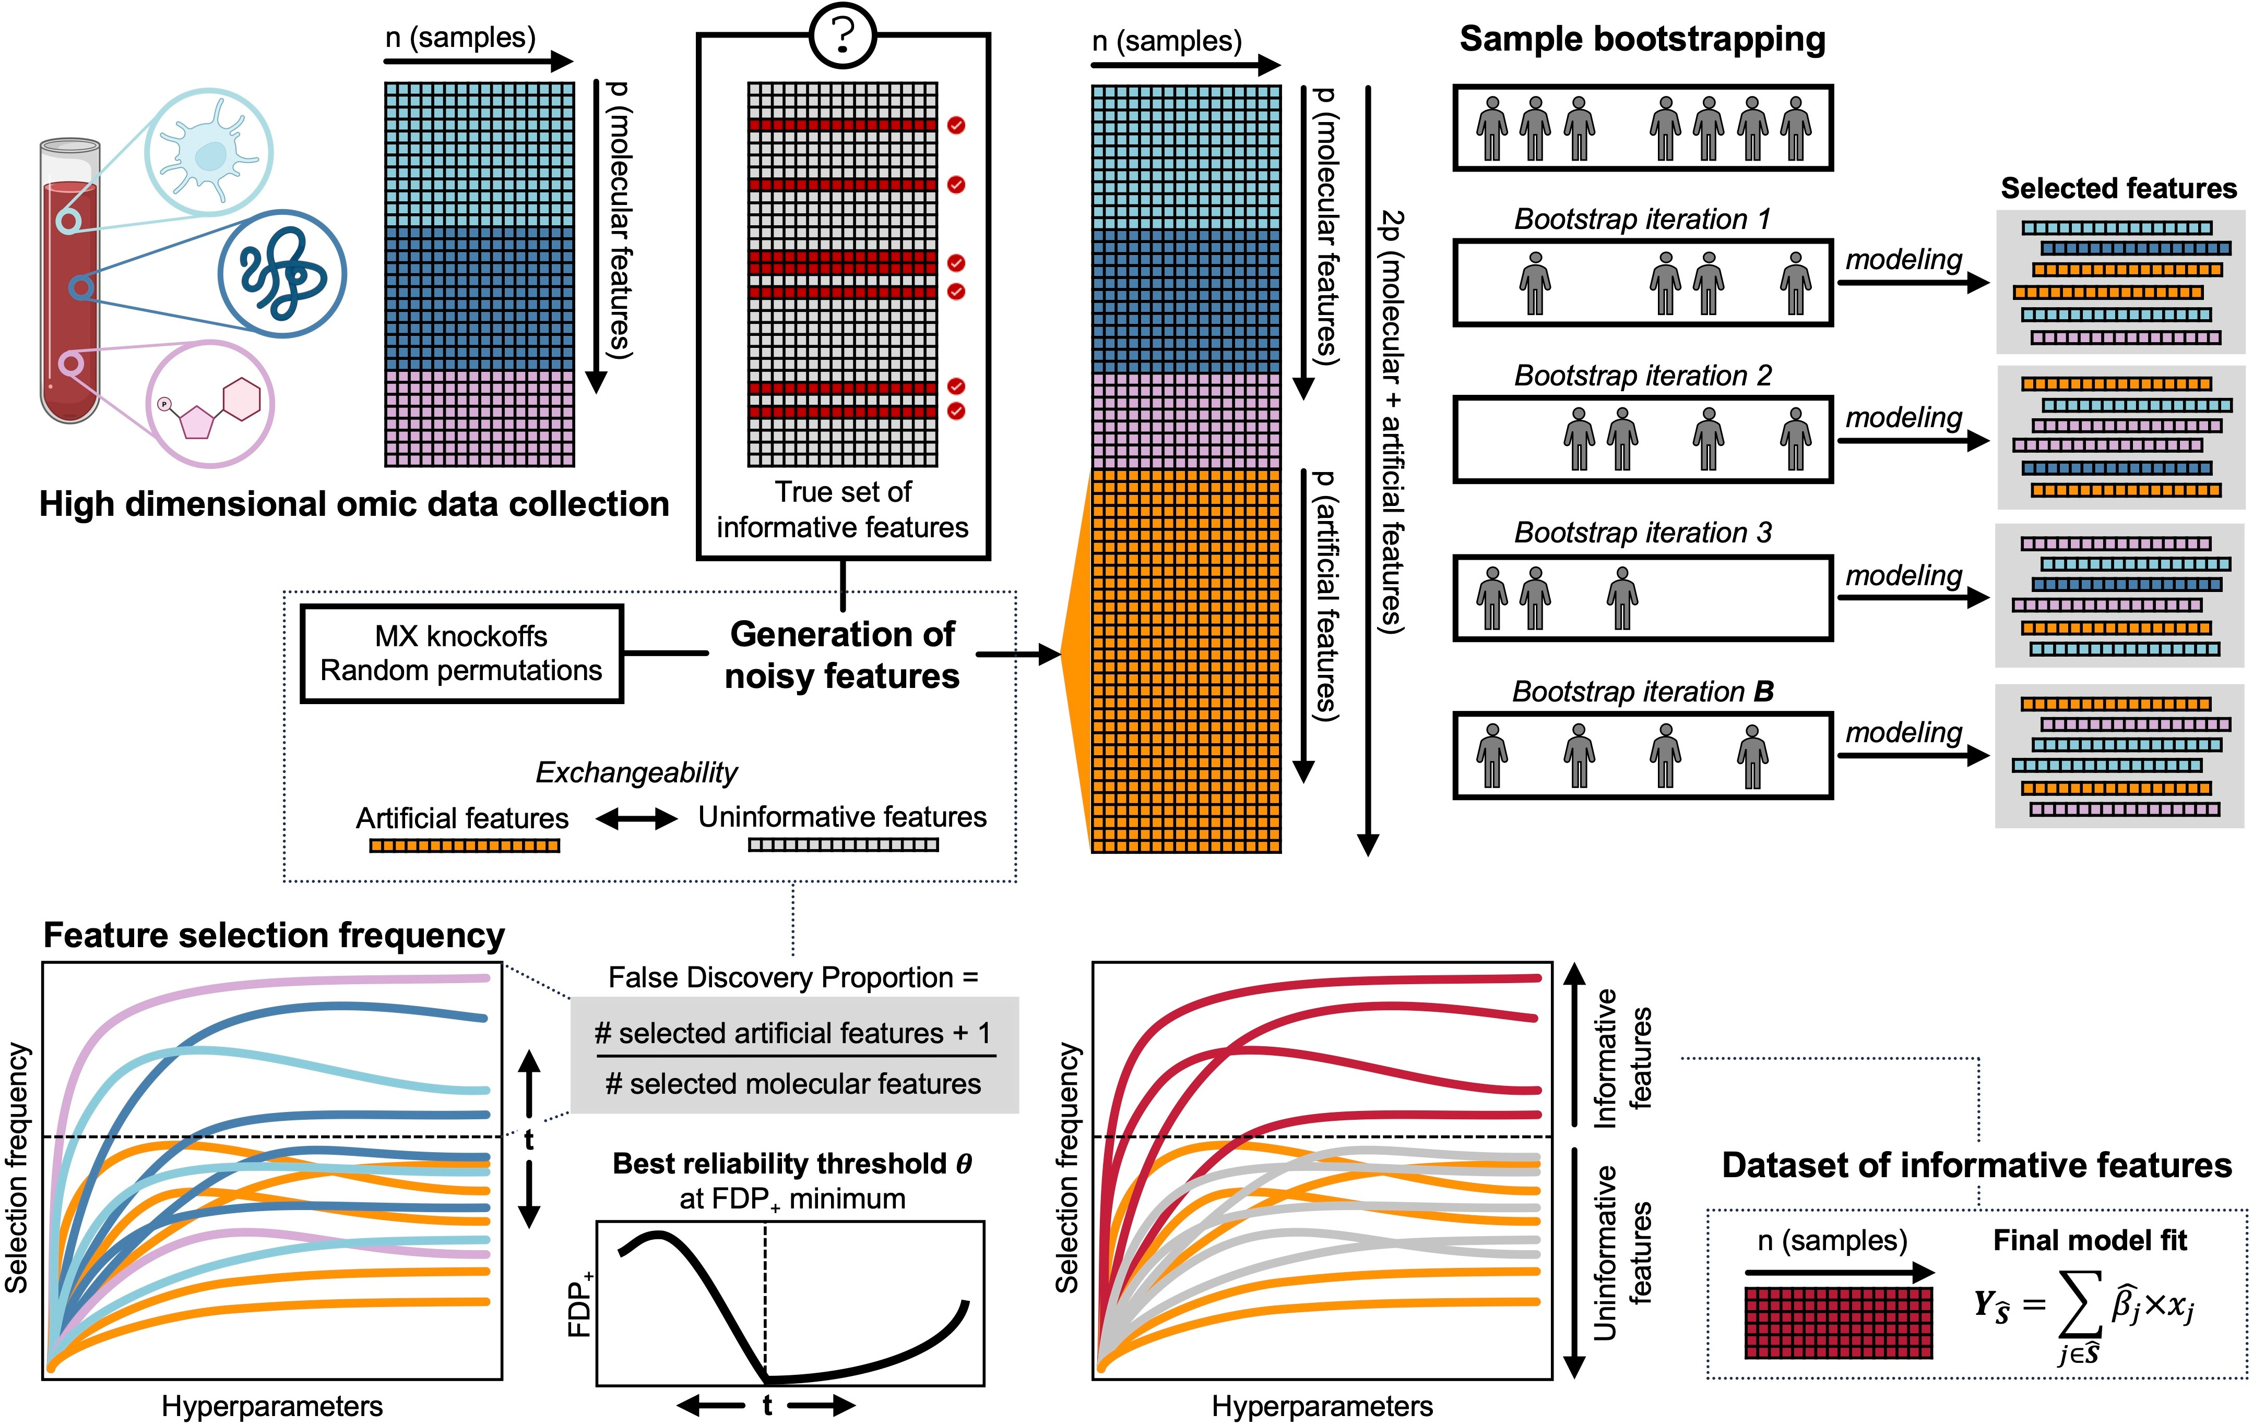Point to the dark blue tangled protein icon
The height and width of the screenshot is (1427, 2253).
click(282, 273)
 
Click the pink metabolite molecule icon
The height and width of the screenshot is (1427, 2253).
click(210, 404)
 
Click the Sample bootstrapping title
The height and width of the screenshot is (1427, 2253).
click(1642, 39)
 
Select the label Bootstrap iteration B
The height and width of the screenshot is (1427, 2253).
click(1642, 692)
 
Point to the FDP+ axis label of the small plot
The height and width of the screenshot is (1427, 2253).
click(580, 1304)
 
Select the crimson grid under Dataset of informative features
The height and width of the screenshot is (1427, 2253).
click(1839, 1322)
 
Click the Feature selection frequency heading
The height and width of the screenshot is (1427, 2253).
click(274, 935)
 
